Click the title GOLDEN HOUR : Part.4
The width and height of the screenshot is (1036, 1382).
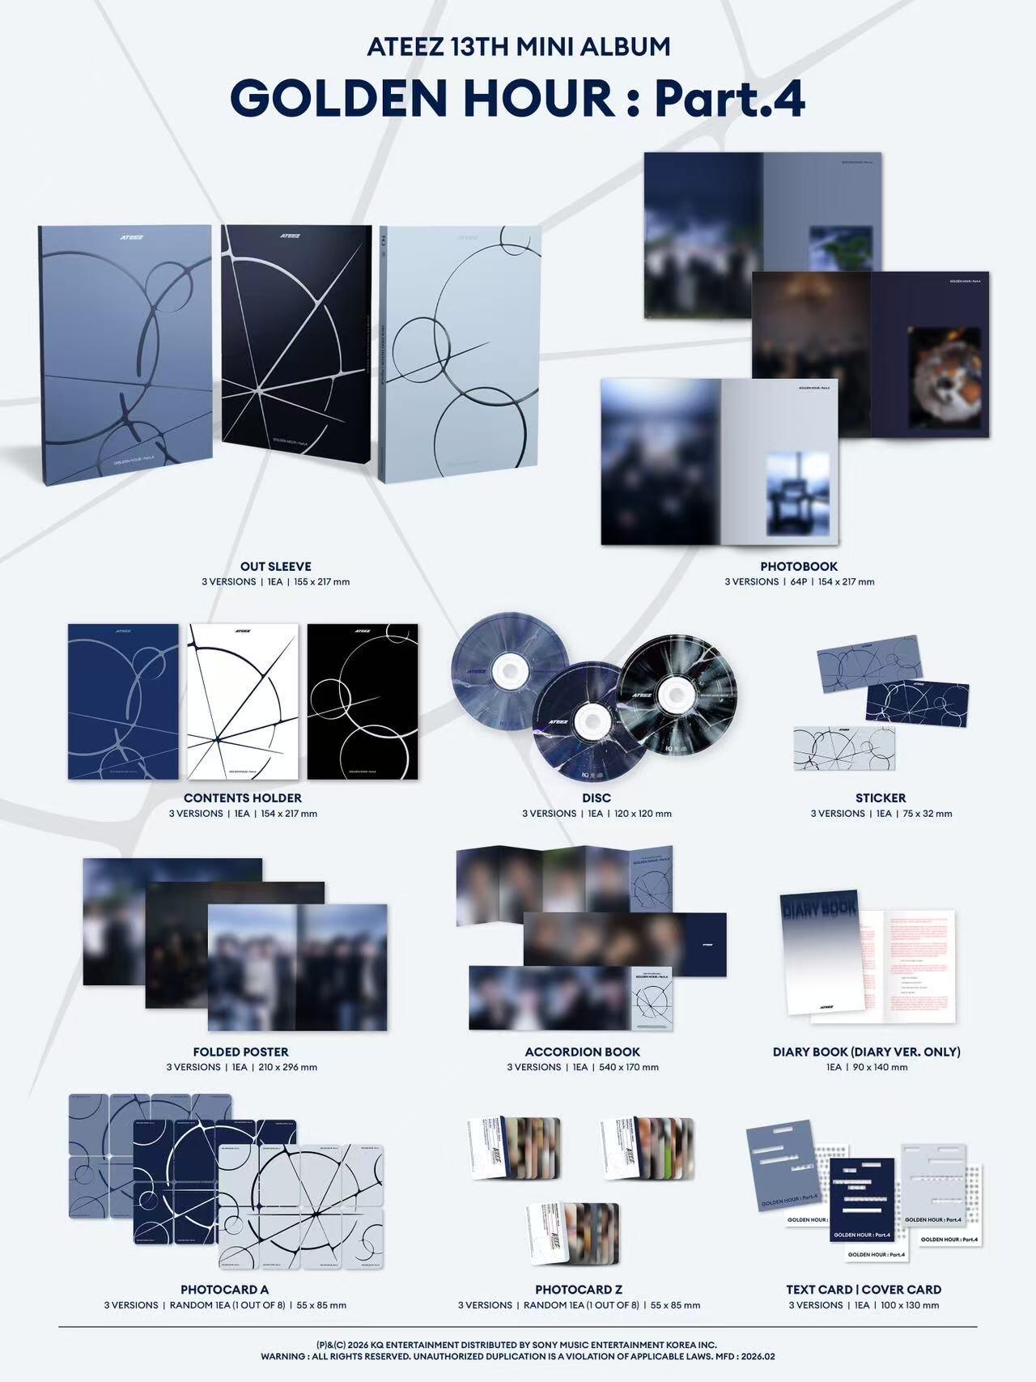pos(518,99)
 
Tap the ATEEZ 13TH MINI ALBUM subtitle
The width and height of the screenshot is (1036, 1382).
pos(518,47)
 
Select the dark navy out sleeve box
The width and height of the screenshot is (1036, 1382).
pos(295,344)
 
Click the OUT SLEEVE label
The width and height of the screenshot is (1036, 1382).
pos(275,567)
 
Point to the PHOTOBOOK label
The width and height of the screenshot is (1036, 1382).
pos(798,567)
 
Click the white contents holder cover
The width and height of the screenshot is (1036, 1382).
pos(243,701)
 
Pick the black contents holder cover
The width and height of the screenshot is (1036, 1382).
pos(363,701)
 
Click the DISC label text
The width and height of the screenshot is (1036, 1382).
pos(597,798)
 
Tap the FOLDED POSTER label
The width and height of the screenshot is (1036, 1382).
pos(241,1052)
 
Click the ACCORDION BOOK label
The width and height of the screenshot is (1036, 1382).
pos(583,1052)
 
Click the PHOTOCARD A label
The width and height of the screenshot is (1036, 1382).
pos(225,1289)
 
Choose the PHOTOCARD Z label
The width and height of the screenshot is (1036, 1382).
pos(579,1289)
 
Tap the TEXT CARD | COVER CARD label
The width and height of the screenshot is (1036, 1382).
pos(864,1289)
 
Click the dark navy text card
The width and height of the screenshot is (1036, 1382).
pos(862,1198)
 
